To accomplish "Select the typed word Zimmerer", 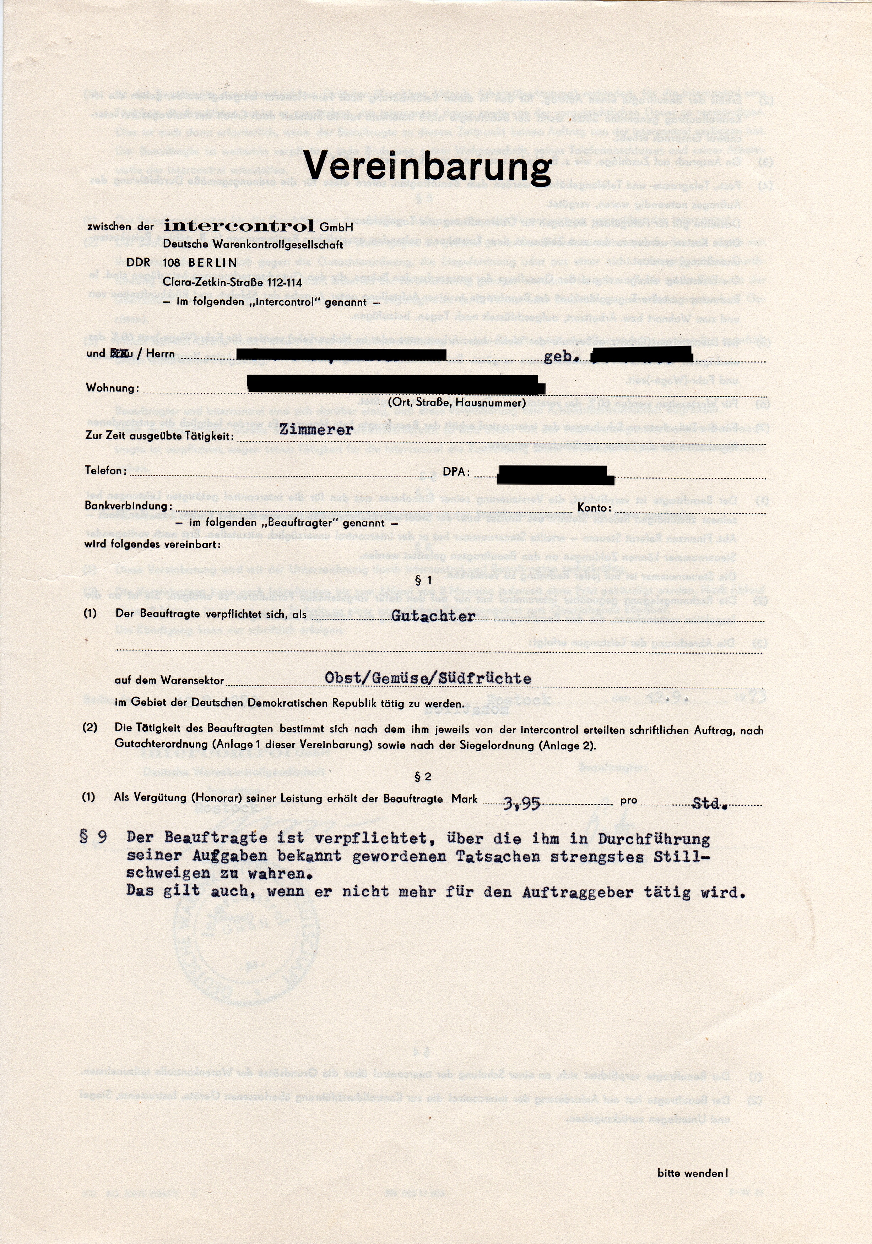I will click(316, 430).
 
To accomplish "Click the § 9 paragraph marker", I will click(93, 837).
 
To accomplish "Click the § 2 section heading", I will click(423, 777).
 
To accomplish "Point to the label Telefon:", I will click(106, 470).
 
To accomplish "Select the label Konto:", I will click(594, 508).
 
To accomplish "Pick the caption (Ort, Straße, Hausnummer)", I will click(456, 403).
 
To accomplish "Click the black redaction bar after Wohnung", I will click(395, 384).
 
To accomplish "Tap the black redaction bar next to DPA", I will click(555, 475).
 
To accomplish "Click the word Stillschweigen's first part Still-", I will click(682, 857).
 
